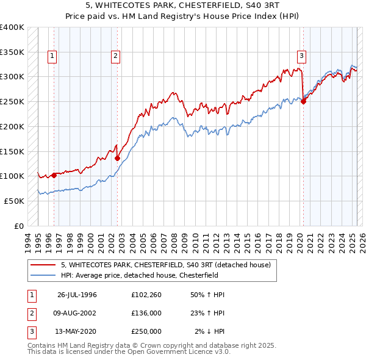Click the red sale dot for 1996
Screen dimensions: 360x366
pos(54,175)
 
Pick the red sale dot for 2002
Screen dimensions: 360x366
pos(118,158)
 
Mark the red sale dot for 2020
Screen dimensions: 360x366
pos(303,102)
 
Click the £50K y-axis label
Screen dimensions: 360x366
pos(13,201)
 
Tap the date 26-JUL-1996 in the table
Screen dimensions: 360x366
pos(77,295)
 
